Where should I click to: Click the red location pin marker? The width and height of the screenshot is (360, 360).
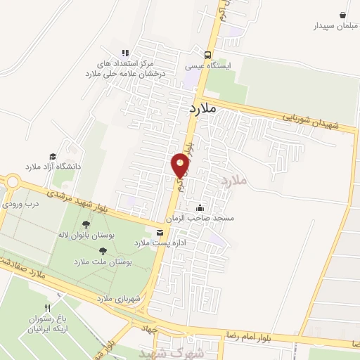180,166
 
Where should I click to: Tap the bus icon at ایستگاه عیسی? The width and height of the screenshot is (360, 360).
207,54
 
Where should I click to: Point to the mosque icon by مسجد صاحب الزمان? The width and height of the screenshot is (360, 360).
200,207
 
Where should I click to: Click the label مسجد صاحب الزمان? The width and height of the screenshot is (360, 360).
209,219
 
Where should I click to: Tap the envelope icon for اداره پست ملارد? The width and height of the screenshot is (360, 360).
161,232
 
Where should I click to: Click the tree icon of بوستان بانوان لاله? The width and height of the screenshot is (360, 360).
86,224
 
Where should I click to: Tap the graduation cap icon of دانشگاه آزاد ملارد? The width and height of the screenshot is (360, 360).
53,156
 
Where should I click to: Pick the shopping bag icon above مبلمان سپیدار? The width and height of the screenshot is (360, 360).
342,15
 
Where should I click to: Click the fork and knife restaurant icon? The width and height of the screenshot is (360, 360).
48,308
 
